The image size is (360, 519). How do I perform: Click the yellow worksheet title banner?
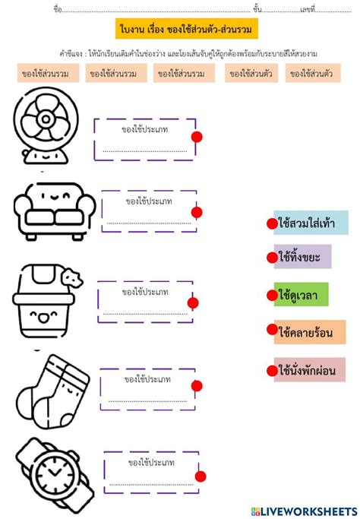(186, 30)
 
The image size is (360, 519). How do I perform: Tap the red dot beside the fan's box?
(197, 137)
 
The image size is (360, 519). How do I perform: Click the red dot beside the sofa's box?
(197, 212)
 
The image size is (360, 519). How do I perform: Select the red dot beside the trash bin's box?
(192, 303)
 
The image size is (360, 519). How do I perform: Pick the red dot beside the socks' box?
(197, 386)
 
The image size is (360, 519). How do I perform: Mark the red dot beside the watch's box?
(201, 476)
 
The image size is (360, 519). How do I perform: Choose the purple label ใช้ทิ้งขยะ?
(304, 258)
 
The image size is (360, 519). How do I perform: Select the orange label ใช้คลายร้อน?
(309, 331)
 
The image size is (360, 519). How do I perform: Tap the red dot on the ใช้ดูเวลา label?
(272, 295)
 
